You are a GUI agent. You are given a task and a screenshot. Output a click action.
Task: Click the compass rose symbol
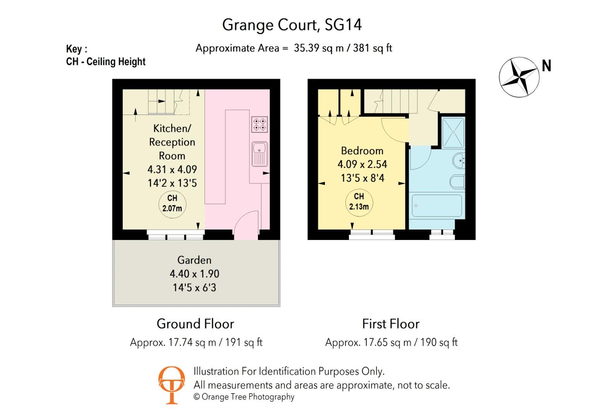pyautogui.click(x=519, y=77)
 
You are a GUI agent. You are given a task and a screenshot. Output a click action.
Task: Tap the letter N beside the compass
pyautogui.click(x=546, y=66)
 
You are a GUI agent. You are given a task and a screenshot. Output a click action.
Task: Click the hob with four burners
pyautogui.click(x=259, y=125)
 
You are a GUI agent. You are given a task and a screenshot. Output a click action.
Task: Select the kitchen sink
pyautogui.click(x=259, y=154)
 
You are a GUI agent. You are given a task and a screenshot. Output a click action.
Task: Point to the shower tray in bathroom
pyautogui.click(x=453, y=132)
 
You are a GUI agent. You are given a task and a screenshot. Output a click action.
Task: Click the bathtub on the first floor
pyautogui.click(x=436, y=206)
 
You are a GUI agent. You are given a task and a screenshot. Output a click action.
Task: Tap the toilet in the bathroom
pyautogui.click(x=457, y=182)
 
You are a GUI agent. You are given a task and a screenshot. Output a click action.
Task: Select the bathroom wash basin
pyautogui.click(x=458, y=160)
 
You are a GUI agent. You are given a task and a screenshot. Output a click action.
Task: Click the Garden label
pyautogui.click(x=194, y=260)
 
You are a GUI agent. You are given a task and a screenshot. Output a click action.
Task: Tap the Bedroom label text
pyautogui.click(x=362, y=151)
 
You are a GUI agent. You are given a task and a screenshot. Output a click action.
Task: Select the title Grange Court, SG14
pyautogui.click(x=292, y=25)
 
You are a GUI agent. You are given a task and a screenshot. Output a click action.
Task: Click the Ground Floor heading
pyautogui.click(x=195, y=324)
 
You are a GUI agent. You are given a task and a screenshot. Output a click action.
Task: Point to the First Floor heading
pyautogui.click(x=390, y=324)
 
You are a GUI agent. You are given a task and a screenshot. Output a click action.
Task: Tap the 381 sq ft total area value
pyautogui.click(x=373, y=48)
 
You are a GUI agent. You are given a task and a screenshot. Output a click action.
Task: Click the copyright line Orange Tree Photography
pyautogui.click(x=244, y=397)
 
